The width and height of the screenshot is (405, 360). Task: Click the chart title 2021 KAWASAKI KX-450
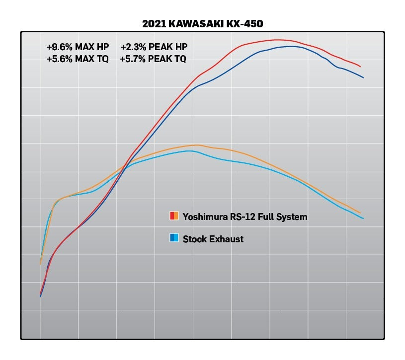tap(202, 24)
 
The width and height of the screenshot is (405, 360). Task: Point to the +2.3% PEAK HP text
tap(154, 47)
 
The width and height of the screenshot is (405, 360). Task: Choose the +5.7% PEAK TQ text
tap(154, 59)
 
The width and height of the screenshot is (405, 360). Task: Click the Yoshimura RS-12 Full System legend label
tap(245, 216)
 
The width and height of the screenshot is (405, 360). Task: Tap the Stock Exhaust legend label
tap(213, 239)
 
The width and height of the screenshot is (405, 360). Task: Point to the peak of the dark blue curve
tap(291, 46)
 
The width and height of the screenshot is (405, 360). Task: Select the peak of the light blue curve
tap(190, 150)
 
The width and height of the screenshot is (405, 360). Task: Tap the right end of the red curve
tap(360, 67)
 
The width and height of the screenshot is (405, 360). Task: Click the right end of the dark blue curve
tap(363, 77)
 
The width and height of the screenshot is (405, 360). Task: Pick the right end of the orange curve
tap(360, 213)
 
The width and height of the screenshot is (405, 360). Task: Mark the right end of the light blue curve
tap(363, 218)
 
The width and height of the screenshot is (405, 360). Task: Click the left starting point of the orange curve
tap(40, 264)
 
